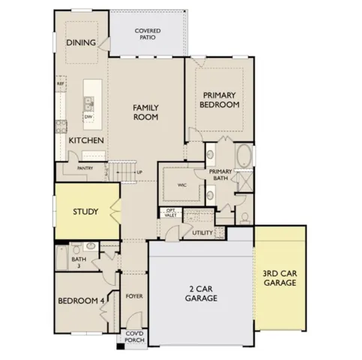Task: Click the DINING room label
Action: pos(81,43)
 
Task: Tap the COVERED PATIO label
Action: pos(147,34)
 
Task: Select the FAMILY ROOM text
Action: pos(145,112)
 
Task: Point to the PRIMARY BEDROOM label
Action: pos(220,100)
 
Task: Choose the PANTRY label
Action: pos(85,168)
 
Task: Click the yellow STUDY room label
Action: pos(85,211)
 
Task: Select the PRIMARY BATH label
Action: pos(223,175)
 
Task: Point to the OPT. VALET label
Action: pos(171,212)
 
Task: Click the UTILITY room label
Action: pos(202,233)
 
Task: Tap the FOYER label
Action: pos(134,296)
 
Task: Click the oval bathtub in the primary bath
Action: pos(243,158)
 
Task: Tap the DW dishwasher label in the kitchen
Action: pos(88,117)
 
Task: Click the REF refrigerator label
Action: pos(60,85)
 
